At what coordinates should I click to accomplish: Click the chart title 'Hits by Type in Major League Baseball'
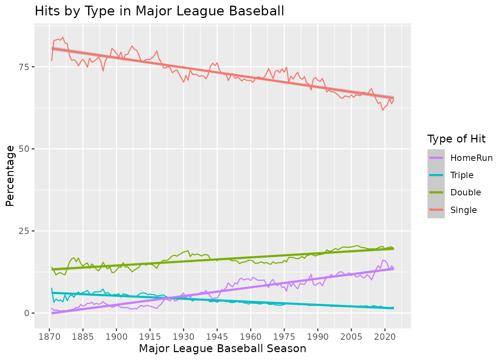(x=159, y=11)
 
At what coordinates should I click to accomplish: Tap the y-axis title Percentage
(x=10, y=176)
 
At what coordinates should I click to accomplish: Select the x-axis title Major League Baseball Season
(x=222, y=349)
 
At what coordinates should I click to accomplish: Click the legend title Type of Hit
(x=456, y=139)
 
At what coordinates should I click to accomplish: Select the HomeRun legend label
(x=471, y=158)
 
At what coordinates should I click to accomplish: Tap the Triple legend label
(x=462, y=175)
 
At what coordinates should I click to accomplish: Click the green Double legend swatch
(x=436, y=192)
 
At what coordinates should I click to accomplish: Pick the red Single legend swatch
(x=436, y=210)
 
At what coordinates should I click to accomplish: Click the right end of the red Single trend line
(x=393, y=98)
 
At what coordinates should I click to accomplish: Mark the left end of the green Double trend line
(x=52, y=269)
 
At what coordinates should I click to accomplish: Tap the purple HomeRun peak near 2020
(x=383, y=260)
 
